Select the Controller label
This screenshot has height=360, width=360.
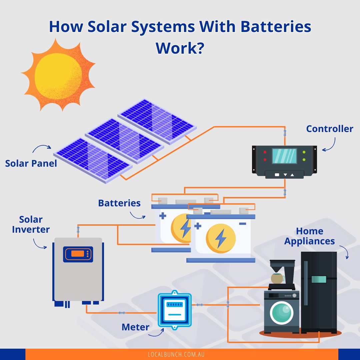(x=329, y=129)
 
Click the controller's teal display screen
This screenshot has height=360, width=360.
(x=284, y=156)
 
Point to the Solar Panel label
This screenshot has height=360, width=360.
(x=31, y=163)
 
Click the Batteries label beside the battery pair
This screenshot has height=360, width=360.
(x=119, y=203)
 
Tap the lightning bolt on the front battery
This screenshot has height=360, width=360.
(x=220, y=238)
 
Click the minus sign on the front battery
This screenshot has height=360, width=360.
(x=243, y=224)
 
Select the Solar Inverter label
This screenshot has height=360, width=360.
(x=31, y=225)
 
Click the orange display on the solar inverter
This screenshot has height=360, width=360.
(x=77, y=254)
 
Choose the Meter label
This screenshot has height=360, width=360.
(x=135, y=327)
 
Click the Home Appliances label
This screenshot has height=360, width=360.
(x=309, y=236)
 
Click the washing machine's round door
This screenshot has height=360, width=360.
(x=282, y=313)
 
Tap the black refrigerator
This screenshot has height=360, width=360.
(x=319, y=290)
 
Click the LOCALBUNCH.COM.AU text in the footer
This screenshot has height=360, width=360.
(x=176, y=354)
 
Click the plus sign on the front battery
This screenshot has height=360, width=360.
(x=198, y=226)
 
